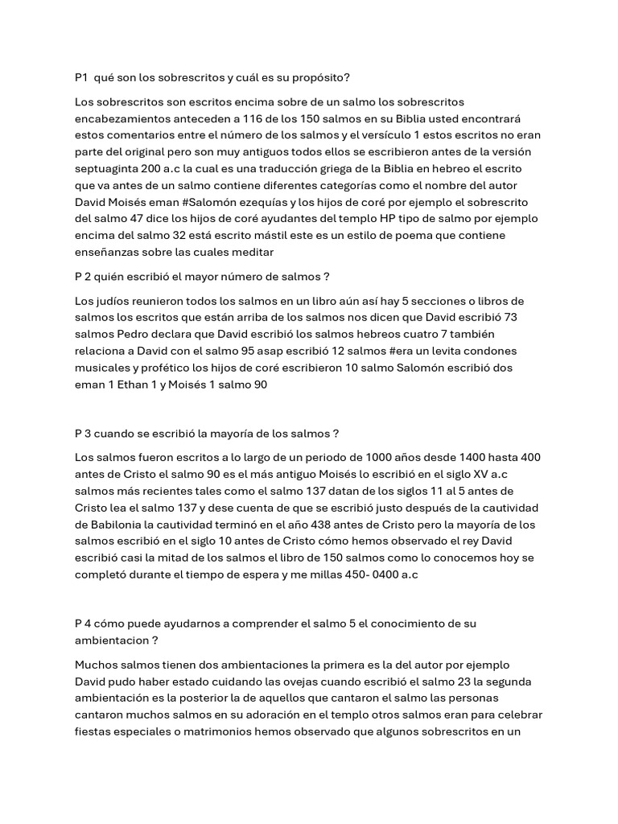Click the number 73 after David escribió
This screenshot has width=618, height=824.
point(509,317)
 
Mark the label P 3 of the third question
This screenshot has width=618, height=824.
point(82,434)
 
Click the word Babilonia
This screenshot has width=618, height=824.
point(109,525)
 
